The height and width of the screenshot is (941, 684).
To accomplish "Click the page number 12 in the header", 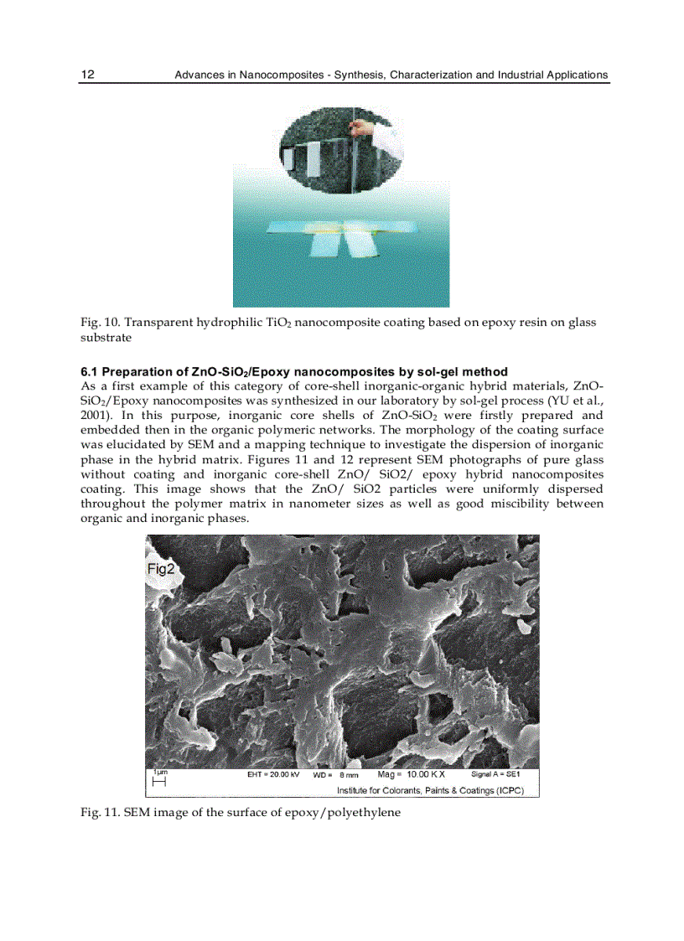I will pyautogui.click(x=87, y=75).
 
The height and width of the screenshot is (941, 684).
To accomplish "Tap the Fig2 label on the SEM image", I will pyautogui.click(x=160, y=569).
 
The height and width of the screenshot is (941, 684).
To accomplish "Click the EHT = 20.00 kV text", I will pyautogui.click(x=272, y=774).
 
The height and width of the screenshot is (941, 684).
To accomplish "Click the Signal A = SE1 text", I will pyautogui.click(x=495, y=774).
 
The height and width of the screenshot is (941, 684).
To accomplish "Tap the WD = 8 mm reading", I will pyautogui.click(x=336, y=775).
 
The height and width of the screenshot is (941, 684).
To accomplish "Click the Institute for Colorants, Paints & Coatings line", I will pyautogui.click(x=430, y=790).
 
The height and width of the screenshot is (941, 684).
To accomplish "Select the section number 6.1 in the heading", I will pyautogui.click(x=90, y=371).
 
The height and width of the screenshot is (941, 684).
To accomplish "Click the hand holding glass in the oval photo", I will pyautogui.click(x=360, y=127).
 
